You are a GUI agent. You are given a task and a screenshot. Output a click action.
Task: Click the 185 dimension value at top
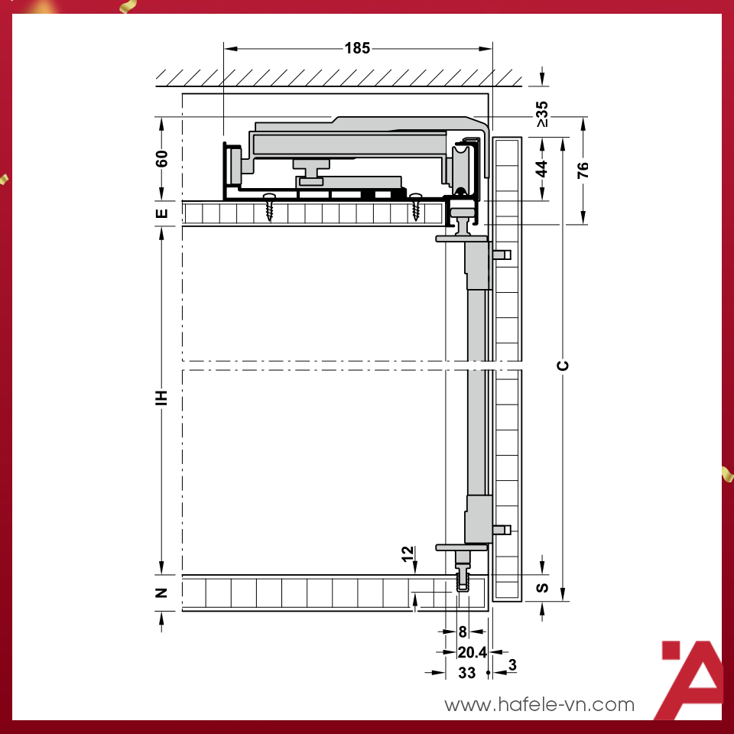pos(357,48)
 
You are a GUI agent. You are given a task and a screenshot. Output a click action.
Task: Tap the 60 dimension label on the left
pos(161,159)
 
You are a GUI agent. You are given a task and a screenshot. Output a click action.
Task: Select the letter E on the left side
pos(161,213)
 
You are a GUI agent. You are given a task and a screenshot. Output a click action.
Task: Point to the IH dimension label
pos(161,398)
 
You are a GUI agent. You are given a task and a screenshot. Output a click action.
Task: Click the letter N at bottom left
pos(161,593)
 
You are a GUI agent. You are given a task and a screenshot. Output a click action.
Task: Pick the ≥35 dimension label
pos(541,114)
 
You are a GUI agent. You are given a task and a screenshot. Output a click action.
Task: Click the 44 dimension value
pos(541,169)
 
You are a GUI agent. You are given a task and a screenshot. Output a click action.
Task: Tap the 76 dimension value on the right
pos(583,171)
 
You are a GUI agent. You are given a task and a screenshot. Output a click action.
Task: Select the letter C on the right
pos(563,365)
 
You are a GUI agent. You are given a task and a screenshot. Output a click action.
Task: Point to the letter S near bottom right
pos(542,588)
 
